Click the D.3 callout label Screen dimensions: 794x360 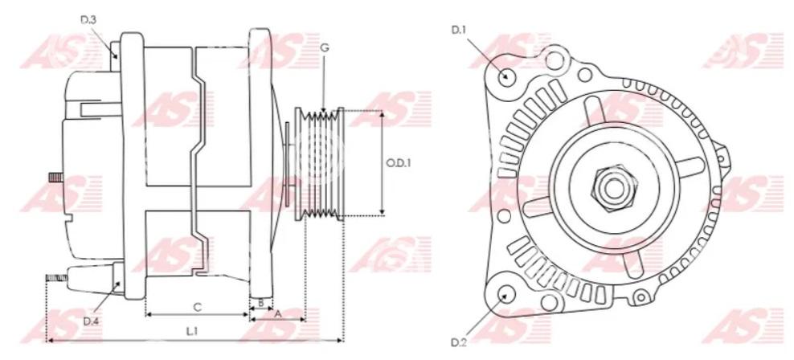point(88,20)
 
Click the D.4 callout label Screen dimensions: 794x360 point(91,321)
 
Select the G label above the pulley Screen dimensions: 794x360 point(325,47)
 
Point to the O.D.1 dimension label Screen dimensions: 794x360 point(399,164)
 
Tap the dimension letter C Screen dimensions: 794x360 point(198,307)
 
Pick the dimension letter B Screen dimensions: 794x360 point(261,303)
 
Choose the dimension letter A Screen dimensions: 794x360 point(277,314)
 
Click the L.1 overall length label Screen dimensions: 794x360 point(192,332)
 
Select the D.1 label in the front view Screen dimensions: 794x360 point(459,30)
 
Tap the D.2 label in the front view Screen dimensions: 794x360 point(459,342)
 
